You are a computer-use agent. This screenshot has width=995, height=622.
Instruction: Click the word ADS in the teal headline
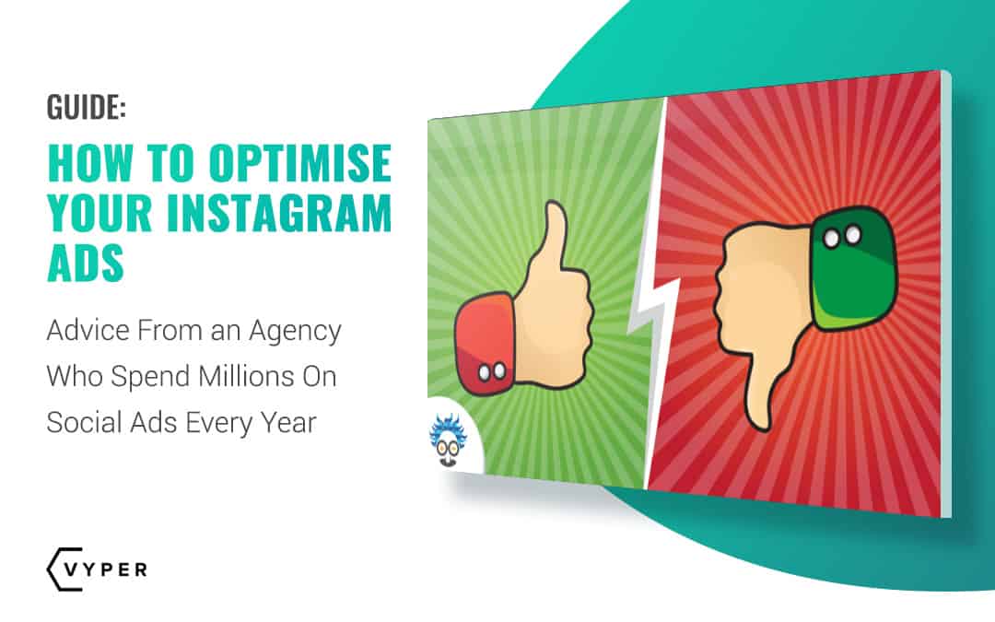85,263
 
